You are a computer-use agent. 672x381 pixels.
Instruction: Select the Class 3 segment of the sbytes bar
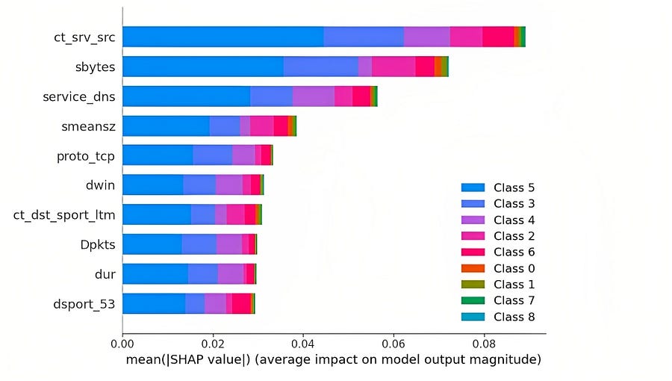(321, 66)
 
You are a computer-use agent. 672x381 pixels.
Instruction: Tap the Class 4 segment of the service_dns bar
(314, 96)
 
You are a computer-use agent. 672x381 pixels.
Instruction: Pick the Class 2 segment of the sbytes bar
(393, 66)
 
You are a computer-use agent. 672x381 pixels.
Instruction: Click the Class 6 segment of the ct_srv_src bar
(498, 37)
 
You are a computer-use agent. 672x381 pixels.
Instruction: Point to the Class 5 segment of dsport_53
(154, 303)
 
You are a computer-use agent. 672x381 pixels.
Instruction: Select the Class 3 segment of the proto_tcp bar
(213, 155)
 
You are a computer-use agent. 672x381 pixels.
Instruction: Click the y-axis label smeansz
(89, 126)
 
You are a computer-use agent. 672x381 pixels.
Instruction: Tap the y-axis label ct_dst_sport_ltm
(65, 215)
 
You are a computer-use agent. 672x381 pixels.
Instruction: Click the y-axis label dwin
(101, 185)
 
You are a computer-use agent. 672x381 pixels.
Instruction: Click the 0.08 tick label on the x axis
(484, 346)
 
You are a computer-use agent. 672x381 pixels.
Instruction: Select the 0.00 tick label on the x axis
(122, 346)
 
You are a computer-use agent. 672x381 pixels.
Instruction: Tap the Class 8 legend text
(514, 317)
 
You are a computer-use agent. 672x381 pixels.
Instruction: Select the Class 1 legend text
(514, 285)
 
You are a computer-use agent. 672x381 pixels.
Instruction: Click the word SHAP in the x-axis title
(204, 361)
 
